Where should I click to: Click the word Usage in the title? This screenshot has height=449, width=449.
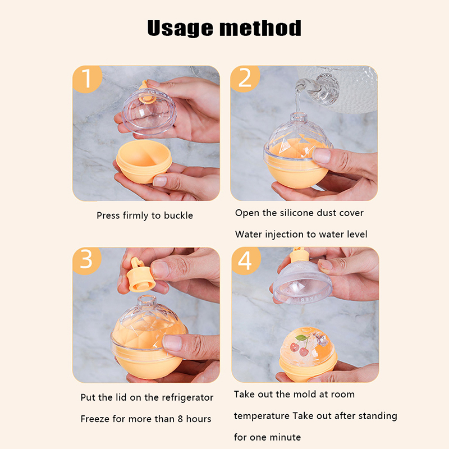coord(180,29)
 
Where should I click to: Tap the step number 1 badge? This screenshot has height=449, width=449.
coord(87,79)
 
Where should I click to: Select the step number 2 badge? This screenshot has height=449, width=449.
coord(245,79)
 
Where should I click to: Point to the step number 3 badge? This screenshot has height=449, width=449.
coord(87,260)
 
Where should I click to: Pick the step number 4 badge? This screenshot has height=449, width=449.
coord(246,260)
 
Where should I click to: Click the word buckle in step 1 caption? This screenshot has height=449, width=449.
coord(178,216)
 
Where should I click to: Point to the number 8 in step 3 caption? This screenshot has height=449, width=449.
coord(180,419)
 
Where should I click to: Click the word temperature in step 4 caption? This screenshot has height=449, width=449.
coord(262,416)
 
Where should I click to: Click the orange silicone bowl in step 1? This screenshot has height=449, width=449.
coord(144,161)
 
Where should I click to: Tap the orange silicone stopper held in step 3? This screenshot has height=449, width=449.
coord(140,276)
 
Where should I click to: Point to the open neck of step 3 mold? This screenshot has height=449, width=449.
coord(147,301)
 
